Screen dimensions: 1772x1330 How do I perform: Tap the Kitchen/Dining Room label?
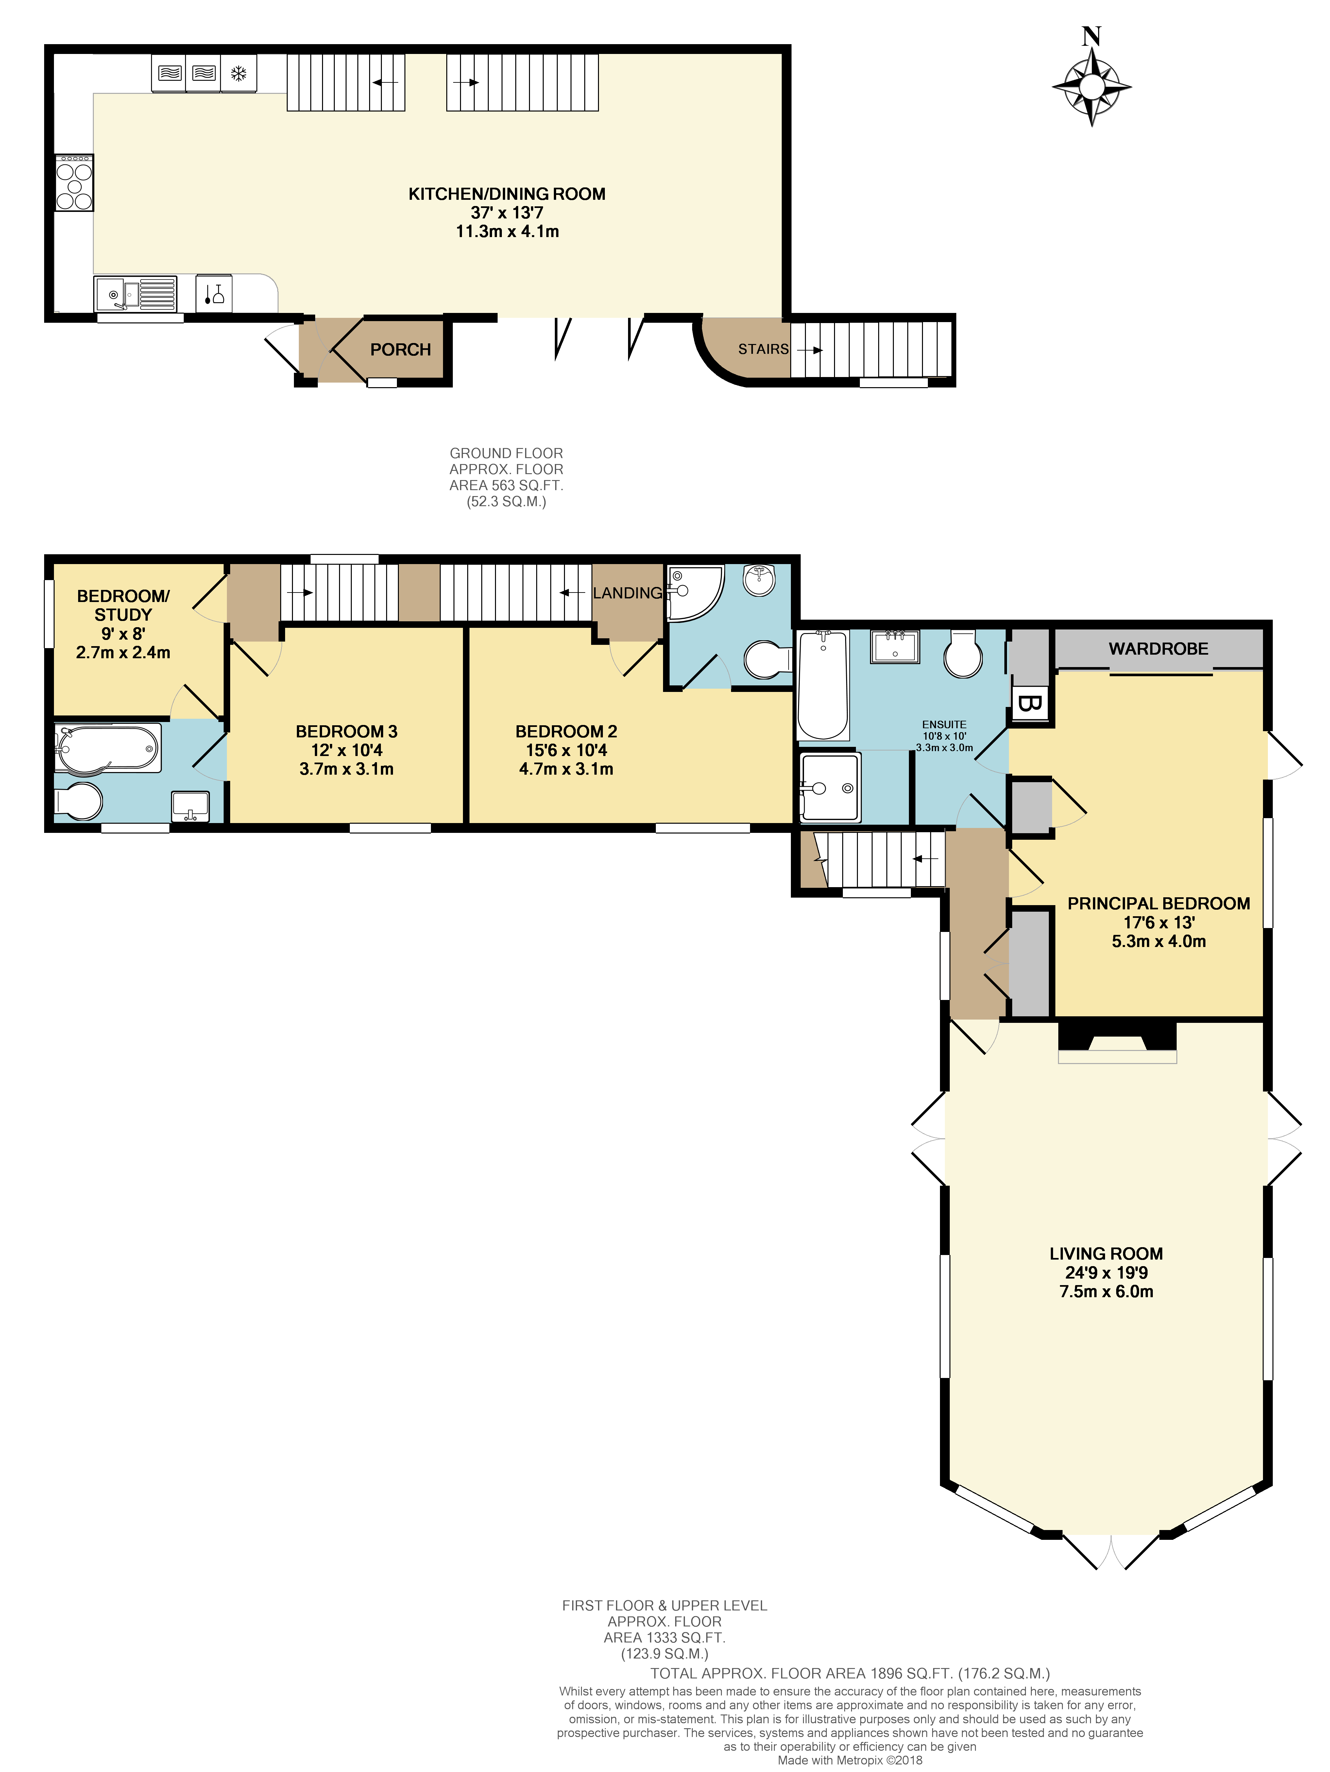pos(507,194)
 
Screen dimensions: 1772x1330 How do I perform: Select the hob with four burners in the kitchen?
pos(74,183)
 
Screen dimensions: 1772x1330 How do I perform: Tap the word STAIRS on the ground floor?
pos(762,349)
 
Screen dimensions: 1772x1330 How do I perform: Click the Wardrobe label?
pos(1158,649)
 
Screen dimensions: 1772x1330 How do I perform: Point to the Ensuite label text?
pos(944,724)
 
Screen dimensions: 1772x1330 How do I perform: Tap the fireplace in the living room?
pos(1117,1041)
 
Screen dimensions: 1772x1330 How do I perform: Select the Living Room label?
pos(1106,1254)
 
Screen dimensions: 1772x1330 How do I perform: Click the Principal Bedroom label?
pos(1158,903)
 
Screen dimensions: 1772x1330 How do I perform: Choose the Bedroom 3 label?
pos(346,731)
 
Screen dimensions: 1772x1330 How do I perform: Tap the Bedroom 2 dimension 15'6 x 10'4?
pos(566,750)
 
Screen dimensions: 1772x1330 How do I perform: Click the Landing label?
pos(627,593)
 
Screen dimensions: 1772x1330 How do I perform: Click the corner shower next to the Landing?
pos(693,593)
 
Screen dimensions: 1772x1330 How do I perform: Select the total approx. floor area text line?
pos(850,1674)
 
